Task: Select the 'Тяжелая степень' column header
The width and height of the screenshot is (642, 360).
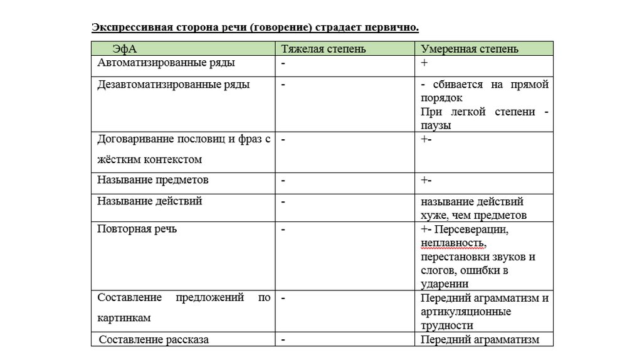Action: (323, 49)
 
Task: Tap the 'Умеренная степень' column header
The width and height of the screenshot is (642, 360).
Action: (470, 49)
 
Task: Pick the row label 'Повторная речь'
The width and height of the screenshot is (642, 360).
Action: (137, 229)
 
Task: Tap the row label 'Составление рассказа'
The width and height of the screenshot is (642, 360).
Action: (154, 339)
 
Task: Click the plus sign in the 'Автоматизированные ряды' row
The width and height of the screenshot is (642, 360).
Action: (424, 63)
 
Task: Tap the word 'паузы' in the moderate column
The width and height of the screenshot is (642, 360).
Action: (436, 125)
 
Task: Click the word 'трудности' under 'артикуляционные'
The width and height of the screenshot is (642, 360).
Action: (447, 326)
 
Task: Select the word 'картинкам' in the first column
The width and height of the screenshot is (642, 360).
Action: (124, 318)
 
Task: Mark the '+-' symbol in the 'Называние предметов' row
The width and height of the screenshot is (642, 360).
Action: (426, 181)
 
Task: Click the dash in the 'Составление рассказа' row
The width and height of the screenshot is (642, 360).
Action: (283, 339)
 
